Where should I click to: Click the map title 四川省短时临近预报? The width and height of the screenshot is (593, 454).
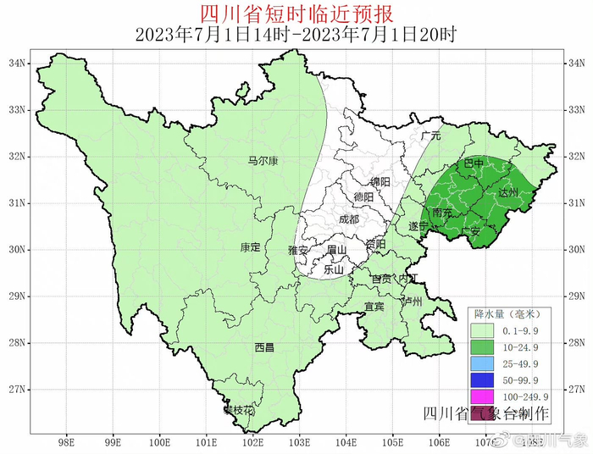click(x=296, y=14)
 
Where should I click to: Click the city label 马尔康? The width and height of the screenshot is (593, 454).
click(x=263, y=160)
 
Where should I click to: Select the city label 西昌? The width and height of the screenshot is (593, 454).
click(x=264, y=347)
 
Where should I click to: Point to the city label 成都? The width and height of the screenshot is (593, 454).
click(x=348, y=219)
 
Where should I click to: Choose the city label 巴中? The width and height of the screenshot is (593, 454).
click(x=474, y=163)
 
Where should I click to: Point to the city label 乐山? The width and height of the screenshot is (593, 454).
click(x=335, y=269)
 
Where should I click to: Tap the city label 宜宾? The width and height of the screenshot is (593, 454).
click(x=374, y=306)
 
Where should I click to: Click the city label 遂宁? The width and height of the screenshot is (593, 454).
click(x=418, y=226)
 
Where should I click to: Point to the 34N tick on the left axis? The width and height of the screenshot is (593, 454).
click(x=18, y=64)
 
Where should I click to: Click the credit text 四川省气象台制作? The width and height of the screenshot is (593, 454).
click(x=485, y=413)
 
